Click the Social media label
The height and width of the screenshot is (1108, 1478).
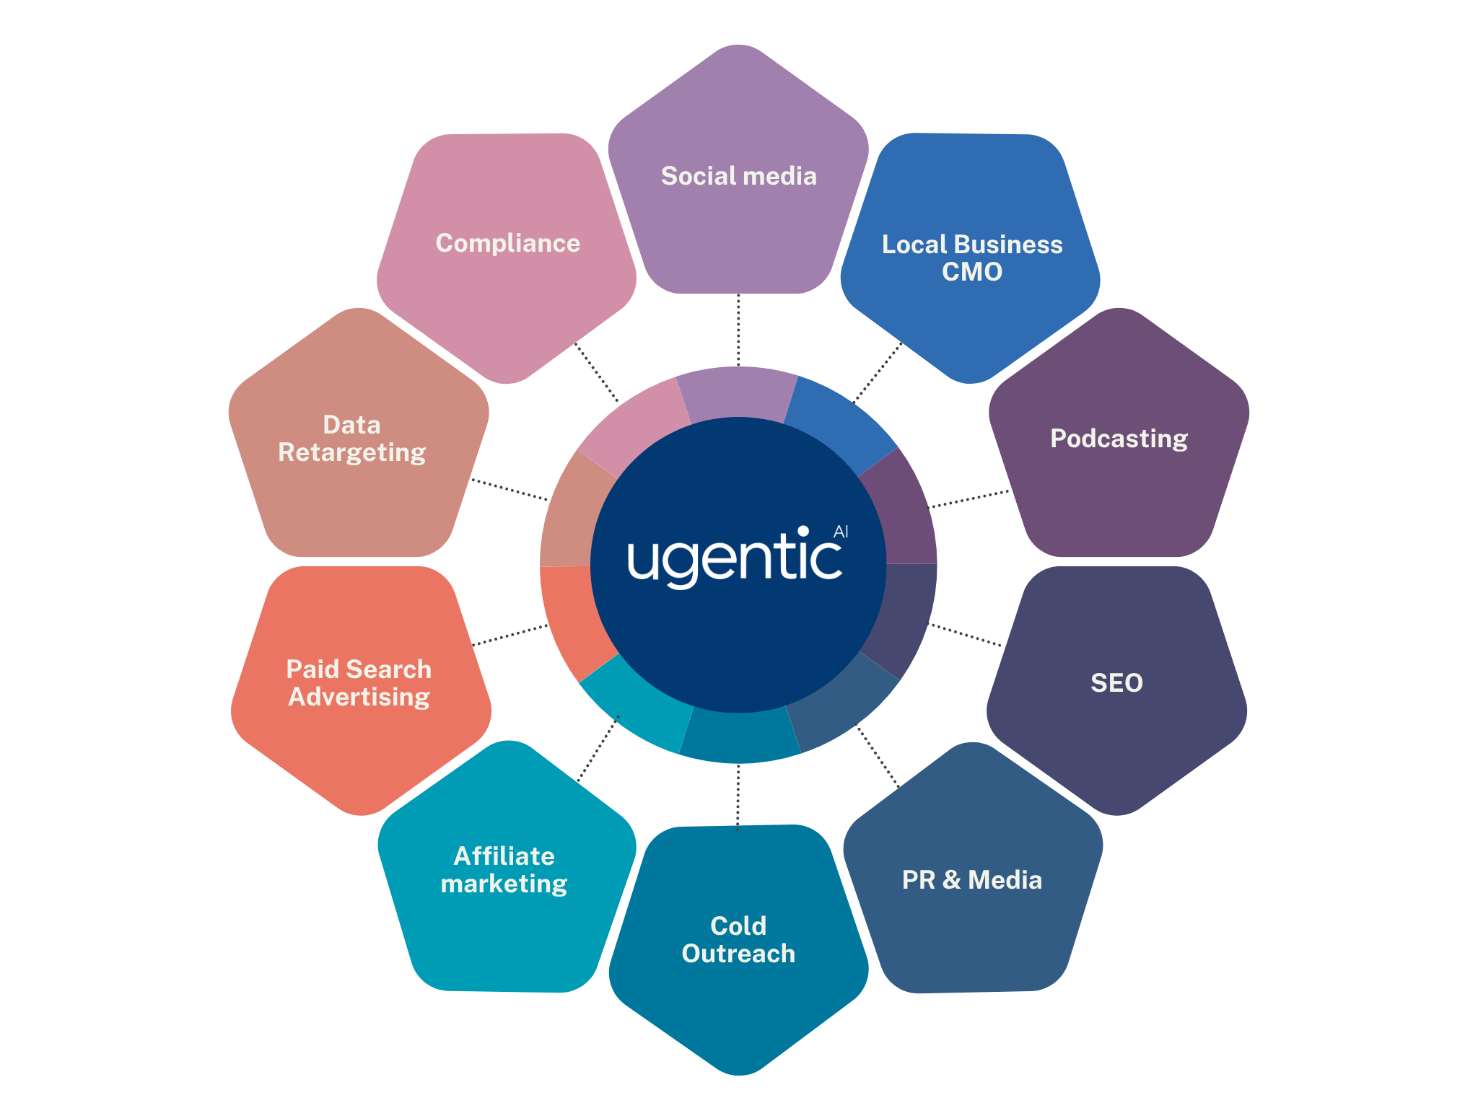(x=738, y=176)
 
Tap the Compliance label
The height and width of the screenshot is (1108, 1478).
(x=507, y=243)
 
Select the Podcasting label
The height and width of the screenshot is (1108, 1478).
(x=1119, y=439)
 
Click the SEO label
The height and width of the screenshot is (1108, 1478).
(x=1116, y=682)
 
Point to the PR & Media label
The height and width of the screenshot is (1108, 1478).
(x=971, y=880)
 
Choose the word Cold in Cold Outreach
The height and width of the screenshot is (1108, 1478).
(x=738, y=925)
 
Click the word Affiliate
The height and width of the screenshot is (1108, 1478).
(x=504, y=856)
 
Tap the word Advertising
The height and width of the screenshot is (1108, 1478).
(x=359, y=697)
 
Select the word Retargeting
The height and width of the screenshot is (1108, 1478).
(x=351, y=452)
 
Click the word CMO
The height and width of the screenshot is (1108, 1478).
(x=971, y=272)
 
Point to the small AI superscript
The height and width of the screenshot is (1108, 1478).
(x=841, y=532)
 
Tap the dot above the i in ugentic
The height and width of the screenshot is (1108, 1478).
(x=803, y=531)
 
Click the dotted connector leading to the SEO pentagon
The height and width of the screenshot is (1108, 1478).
(x=964, y=634)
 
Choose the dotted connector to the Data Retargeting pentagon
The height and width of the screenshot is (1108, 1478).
(x=510, y=489)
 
